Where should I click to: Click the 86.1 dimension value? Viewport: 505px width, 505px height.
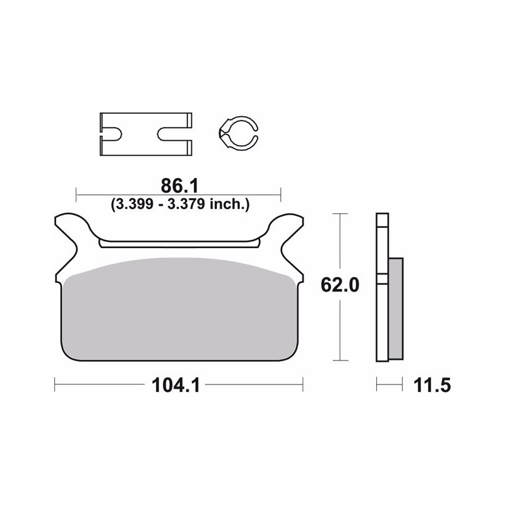[180, 186]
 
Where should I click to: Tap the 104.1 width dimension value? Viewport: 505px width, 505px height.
[175, 385]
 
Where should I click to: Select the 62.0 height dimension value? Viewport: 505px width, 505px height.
[340, 285]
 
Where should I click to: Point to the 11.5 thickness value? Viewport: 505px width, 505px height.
[432, 385]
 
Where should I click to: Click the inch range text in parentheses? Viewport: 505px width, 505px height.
[180, 204]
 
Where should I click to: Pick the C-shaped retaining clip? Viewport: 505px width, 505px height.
[238, 133]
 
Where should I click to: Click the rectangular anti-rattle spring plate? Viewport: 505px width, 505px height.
[146, 134]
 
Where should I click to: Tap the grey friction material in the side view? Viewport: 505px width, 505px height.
[396, 309]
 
